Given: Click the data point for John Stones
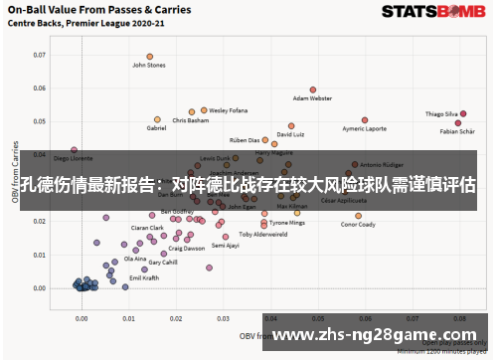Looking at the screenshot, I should click(150, 57).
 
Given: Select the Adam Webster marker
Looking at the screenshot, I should click(313, 90).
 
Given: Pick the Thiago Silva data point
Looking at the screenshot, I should click(462, 113).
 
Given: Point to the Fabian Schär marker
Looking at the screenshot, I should click(458, 122).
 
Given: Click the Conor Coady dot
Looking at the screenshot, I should click(358, 215).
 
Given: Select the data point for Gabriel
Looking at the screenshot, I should click(158, 118).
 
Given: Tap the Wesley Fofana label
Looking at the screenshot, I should click(229, 111).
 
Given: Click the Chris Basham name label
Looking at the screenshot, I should click(191, 121).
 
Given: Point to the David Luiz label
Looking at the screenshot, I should click(290, 134).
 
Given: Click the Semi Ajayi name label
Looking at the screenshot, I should click(226, 245).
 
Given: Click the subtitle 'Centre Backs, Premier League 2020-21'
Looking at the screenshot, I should click(72, 25).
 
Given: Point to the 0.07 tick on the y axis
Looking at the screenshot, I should click(40, 55).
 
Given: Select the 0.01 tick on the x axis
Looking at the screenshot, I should click(128, 319).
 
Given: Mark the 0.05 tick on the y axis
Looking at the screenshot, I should click(40, 121).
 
